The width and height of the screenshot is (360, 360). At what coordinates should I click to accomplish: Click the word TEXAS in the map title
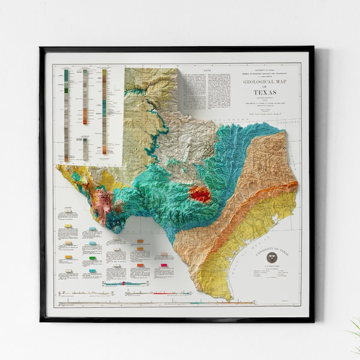tap(265, 92)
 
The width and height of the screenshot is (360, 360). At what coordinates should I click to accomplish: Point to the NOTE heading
tap(208, 70)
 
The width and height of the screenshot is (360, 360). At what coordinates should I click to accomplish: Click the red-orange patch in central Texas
tap(200, 194)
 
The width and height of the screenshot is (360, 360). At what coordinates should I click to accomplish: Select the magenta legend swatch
tap(164, 264)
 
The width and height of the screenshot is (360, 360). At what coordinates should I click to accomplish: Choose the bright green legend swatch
tap(92, 259)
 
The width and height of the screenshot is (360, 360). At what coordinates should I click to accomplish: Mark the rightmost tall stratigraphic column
tap(104, 111)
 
